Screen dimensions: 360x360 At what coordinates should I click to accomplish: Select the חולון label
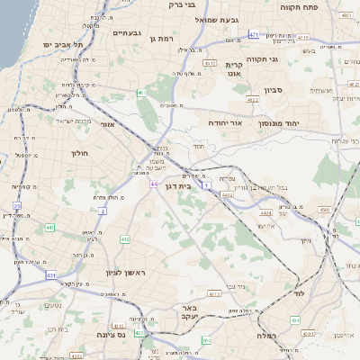(80, 153)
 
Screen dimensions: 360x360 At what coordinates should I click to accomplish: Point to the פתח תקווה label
(326, 4)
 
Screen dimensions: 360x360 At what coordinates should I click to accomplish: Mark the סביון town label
(274, 90)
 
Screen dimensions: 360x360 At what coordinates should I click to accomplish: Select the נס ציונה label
(117, 334)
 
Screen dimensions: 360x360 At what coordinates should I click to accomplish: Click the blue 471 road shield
(254, 35)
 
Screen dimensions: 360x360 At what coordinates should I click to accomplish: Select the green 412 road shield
(125, 238)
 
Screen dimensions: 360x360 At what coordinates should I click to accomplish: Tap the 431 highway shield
(50, 274)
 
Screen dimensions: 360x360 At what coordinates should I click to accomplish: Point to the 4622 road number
(226, 194)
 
